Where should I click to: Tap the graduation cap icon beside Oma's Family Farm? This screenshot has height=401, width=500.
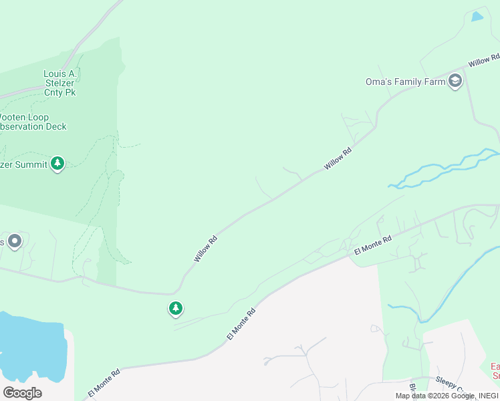[456, 82]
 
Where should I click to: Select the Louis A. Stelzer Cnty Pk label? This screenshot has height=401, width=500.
[59, 83]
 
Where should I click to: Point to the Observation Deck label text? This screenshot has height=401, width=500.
[33, 126]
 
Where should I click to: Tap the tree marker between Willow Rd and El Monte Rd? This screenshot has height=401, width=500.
[176, 308]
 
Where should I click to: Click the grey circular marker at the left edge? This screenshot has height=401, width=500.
[15, 241]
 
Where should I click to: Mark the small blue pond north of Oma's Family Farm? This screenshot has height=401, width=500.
[477, 17]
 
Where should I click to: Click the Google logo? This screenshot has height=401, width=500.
[21, 393]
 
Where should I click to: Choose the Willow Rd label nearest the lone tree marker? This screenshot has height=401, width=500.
[205, 248]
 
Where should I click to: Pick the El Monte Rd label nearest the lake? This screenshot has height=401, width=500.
[104, 382]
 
